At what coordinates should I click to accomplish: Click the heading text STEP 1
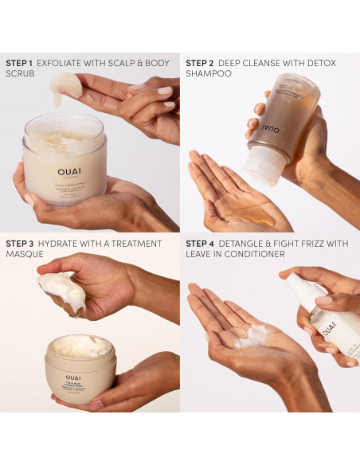[21, 62]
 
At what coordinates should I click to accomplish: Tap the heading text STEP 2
[201, 62]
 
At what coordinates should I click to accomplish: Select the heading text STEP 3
[21, 244]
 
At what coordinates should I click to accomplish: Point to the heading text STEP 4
[201, 244]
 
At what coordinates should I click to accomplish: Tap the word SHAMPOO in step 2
[209, 73]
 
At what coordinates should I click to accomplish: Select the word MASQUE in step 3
[24, 255]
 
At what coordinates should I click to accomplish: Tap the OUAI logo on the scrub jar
[69, 170]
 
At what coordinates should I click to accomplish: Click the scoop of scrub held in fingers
[65, 86]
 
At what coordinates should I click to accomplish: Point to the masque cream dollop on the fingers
[62, 291]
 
